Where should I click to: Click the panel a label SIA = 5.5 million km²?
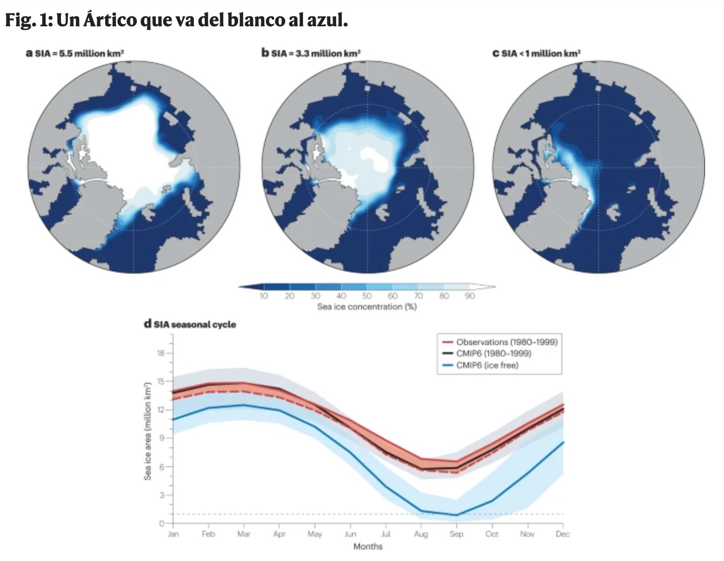pos(79,54)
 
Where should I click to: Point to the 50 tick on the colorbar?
pos(366,296)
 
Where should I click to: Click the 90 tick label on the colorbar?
pos(470,296)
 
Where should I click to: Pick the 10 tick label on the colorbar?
pos(263,296)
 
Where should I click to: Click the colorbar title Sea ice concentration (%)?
pos(367,307)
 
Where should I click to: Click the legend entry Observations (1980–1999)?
pos(506,342)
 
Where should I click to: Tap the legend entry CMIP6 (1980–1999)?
pos(493,353)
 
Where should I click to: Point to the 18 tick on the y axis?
pos(161,353)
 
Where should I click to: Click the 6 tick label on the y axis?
pos(162,467)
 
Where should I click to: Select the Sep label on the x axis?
pos(456,534)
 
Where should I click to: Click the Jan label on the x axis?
pos(173,534)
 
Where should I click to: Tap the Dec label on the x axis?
pos(562,534)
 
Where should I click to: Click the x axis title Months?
pos(368,547)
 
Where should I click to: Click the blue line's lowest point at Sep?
pos(456,515)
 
